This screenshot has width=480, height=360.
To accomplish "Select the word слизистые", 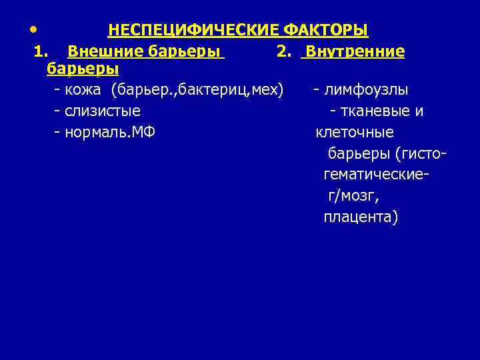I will (103, 111).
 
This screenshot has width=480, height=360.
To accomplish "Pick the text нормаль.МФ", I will (110, 132).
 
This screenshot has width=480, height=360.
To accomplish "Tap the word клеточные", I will (354, 132).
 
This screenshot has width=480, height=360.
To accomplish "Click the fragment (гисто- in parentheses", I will (420, 153).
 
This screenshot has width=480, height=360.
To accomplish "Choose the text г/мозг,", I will (353, 196).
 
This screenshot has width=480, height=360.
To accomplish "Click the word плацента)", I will (360, 217).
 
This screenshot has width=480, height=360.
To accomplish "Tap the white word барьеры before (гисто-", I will (359, 153).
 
